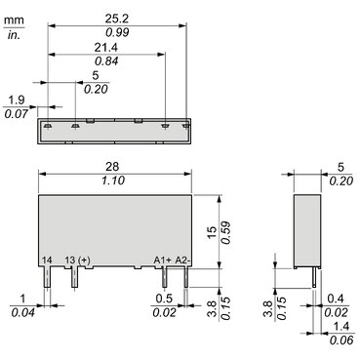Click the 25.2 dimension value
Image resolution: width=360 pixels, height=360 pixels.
click(117, 19)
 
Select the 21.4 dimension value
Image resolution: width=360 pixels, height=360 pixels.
click(106, 48)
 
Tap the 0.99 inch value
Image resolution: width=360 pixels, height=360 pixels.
click(117, 32)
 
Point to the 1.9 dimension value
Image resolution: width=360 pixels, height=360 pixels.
click(17, 100)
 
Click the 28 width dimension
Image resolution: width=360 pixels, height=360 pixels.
click(112, 167)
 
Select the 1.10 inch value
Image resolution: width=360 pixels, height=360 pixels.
click(113, 180)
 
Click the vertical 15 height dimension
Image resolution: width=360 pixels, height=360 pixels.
click(212, 232)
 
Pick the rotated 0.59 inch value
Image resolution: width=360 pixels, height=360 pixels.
click(226, 232)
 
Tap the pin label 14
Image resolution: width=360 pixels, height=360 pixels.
click(47, 260)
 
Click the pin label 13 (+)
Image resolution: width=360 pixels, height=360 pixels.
click(77, 260)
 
